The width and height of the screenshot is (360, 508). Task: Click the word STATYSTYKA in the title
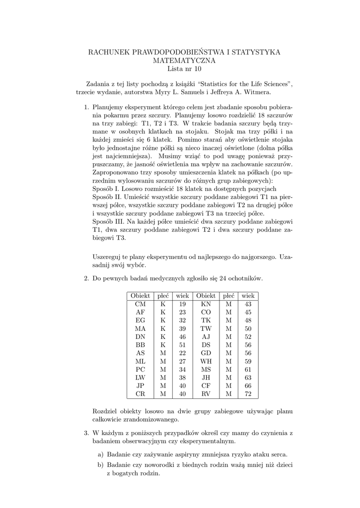point(253,52)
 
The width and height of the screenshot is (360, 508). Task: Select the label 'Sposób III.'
point(110,220)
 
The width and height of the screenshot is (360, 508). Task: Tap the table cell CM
point(141,304)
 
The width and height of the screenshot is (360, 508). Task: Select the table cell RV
point(206,394)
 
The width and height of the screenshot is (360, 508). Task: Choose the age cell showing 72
point(248,394)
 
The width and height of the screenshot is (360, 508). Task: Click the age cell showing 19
point(182,304)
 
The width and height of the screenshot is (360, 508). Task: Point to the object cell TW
point(206,329)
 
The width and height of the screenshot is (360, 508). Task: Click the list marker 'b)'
point(100,465)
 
